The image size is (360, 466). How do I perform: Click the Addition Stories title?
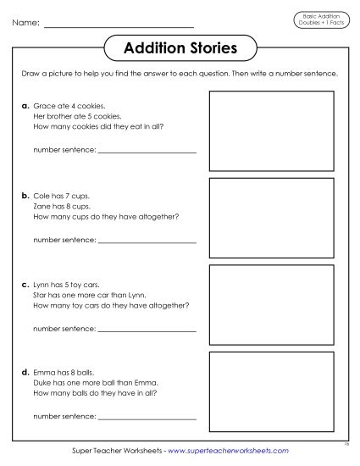(180, 48)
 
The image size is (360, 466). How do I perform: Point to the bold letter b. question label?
(25, 195)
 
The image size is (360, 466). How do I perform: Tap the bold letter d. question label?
(25, 371)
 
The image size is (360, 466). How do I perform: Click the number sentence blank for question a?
(147, 152)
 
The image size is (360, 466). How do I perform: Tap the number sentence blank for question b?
(147, 241)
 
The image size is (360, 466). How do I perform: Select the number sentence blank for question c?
(147, 329)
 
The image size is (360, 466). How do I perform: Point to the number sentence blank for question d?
(147, 417)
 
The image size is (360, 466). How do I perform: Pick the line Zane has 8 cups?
(61, 206)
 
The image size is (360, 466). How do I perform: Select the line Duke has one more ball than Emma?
(87, 382)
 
